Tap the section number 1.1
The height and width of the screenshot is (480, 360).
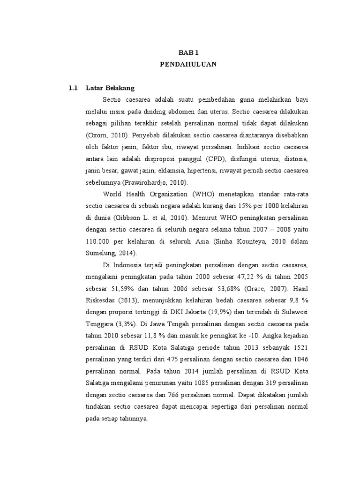coord(73,88)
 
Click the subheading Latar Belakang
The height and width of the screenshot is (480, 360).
coord(110,88)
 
